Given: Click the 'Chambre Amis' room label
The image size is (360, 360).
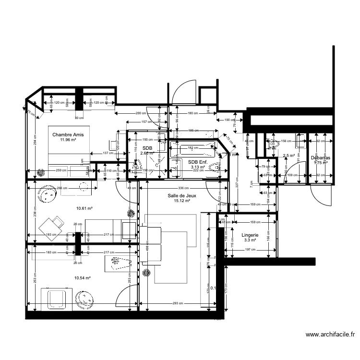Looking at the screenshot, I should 68,135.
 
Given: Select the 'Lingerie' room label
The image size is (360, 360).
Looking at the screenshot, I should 251,235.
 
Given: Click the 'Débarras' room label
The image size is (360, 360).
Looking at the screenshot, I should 320,157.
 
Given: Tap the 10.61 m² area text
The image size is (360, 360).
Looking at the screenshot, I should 84,209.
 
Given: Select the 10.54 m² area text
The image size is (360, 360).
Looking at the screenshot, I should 83,278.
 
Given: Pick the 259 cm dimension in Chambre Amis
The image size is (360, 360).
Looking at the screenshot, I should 61,171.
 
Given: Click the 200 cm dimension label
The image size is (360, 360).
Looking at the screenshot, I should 141,113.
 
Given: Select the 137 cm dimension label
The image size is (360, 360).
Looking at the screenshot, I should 108,153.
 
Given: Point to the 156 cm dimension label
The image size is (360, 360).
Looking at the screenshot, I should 286,141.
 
